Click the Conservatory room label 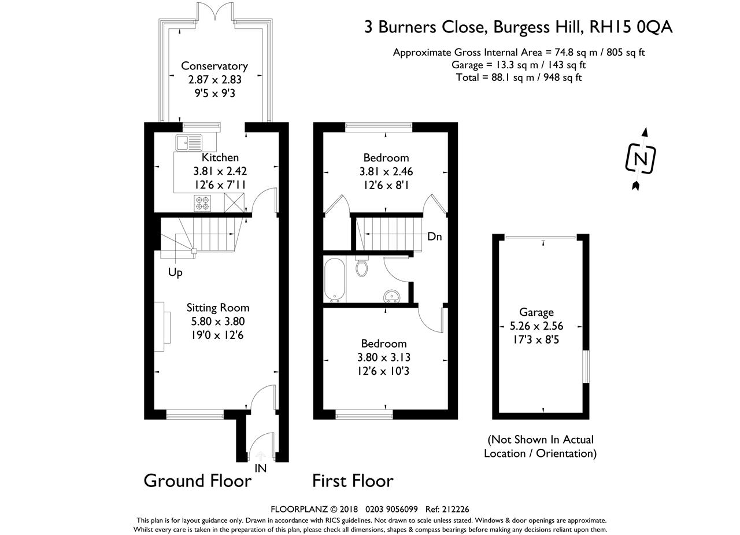tap(214, 66)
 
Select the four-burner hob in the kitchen tap(202, 203)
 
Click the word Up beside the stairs tap(175, 272)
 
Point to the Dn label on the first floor tap(434, 237)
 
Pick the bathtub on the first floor tap(335, 280)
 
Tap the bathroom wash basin tap(392, 296)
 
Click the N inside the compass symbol tap(641, 159)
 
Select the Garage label tap(536, 312)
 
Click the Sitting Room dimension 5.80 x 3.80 tap(218, 321)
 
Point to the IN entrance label tap(260, 468)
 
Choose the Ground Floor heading tap(198, 481)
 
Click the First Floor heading tap(353, 481)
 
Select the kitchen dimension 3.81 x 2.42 tap(220, 171)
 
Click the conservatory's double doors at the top tap(215, 10)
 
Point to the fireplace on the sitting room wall tap(162, 326)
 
